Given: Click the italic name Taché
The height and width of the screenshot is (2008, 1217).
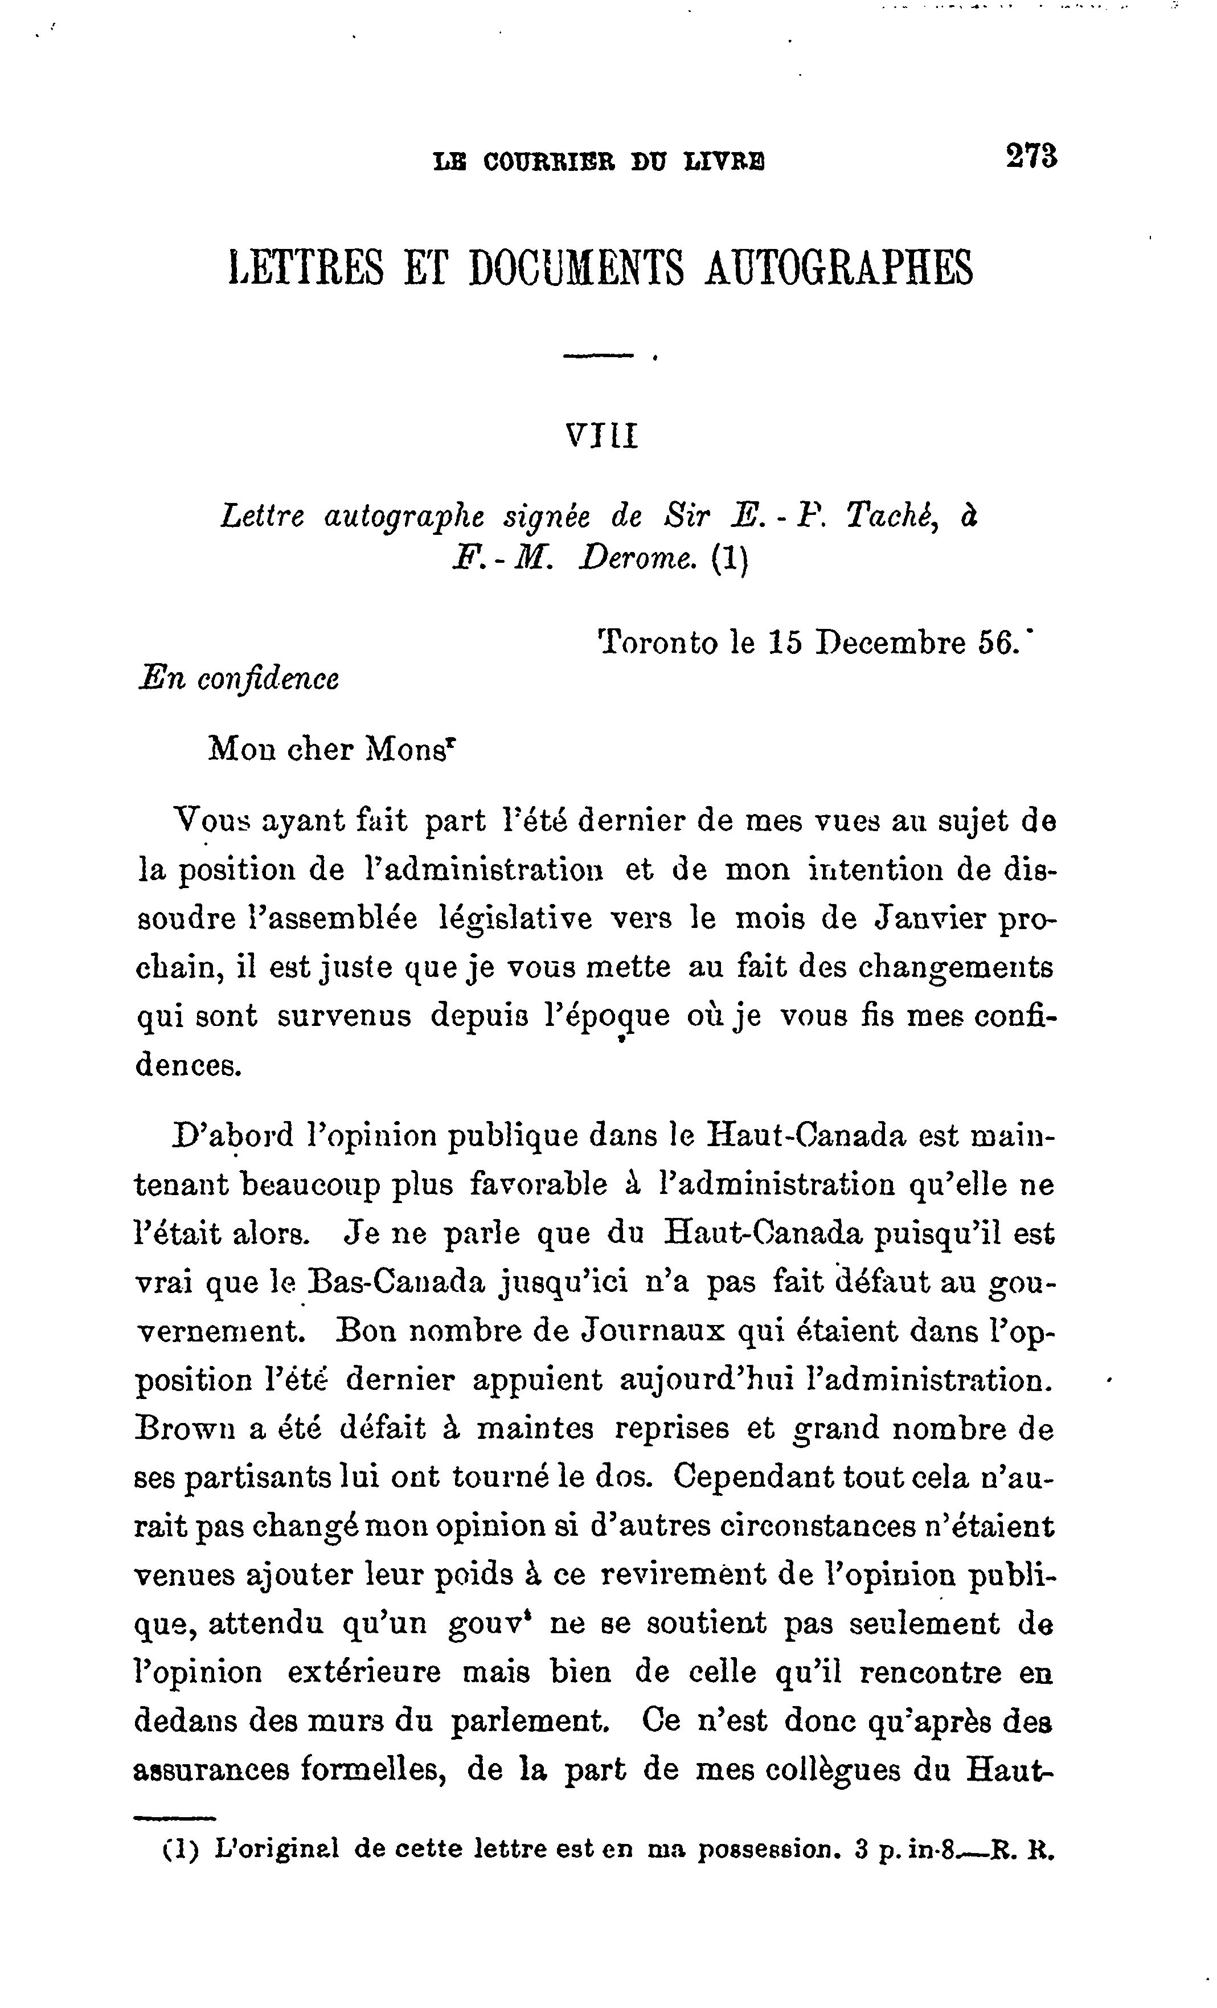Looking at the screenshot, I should click(x=890, y=516).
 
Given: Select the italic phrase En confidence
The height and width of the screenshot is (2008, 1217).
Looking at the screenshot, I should click(x=239, y=679).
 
